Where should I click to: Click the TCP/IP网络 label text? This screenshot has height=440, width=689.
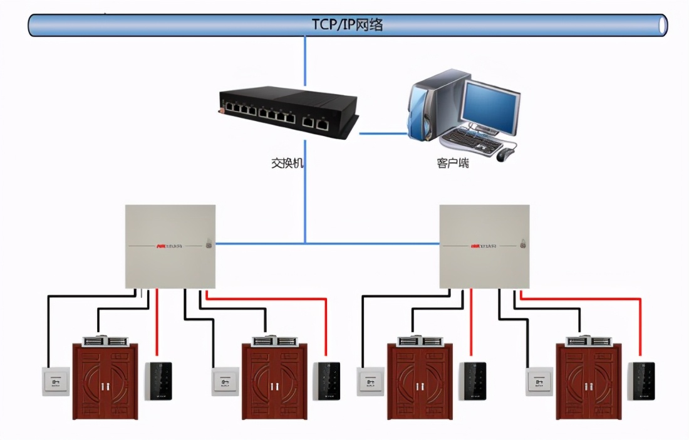coord(348,25)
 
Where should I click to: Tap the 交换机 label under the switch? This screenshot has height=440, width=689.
coord(288,163)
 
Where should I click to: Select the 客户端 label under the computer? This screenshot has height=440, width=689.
coord(453,163)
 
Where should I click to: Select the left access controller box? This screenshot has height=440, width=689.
coord(170,246)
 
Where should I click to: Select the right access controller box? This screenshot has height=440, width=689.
coord(484,246)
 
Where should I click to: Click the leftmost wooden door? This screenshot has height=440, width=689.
coord(105,382)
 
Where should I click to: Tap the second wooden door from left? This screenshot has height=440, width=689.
coord(274,382)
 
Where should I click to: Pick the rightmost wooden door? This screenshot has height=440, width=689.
coord(589,382)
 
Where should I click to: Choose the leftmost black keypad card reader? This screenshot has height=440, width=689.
coord(158,380)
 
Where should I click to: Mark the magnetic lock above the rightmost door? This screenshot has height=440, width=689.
coord(589,341)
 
